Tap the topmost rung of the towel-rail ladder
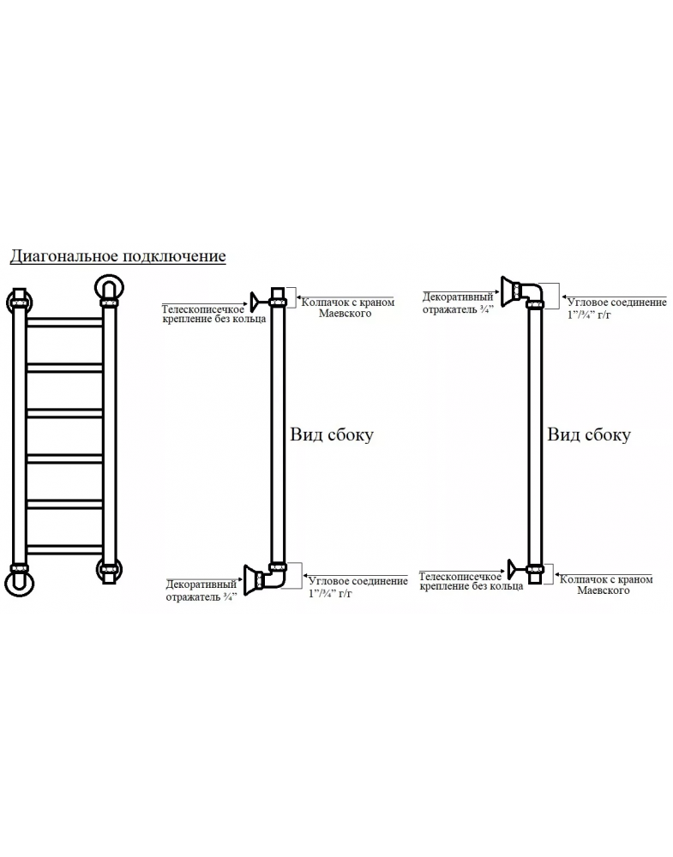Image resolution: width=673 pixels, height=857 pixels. click(x=64, y=322)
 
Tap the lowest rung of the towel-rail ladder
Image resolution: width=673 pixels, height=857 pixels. click(x=64, y=550)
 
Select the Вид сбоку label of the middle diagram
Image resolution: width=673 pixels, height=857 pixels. click(x=332, y=434)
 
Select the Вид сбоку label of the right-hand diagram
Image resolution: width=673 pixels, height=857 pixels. click(x=589, y=434)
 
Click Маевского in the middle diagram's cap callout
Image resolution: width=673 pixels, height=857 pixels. click(x=345, y=314)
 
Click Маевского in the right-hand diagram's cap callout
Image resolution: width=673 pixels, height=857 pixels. click(x=604, y=590)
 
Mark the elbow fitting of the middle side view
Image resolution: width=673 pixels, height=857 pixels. click(x=275, y=576)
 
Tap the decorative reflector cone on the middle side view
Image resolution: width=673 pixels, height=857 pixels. click(x=253, y=579)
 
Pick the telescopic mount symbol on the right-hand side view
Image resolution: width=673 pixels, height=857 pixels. click(x=516, y=569)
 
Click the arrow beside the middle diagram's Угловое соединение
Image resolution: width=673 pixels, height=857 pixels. click(x=305, y=578)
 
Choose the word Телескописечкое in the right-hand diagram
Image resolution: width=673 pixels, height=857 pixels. click(x=460, y=577)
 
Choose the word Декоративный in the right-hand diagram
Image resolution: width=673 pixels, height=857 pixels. click(x=458, y=297)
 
